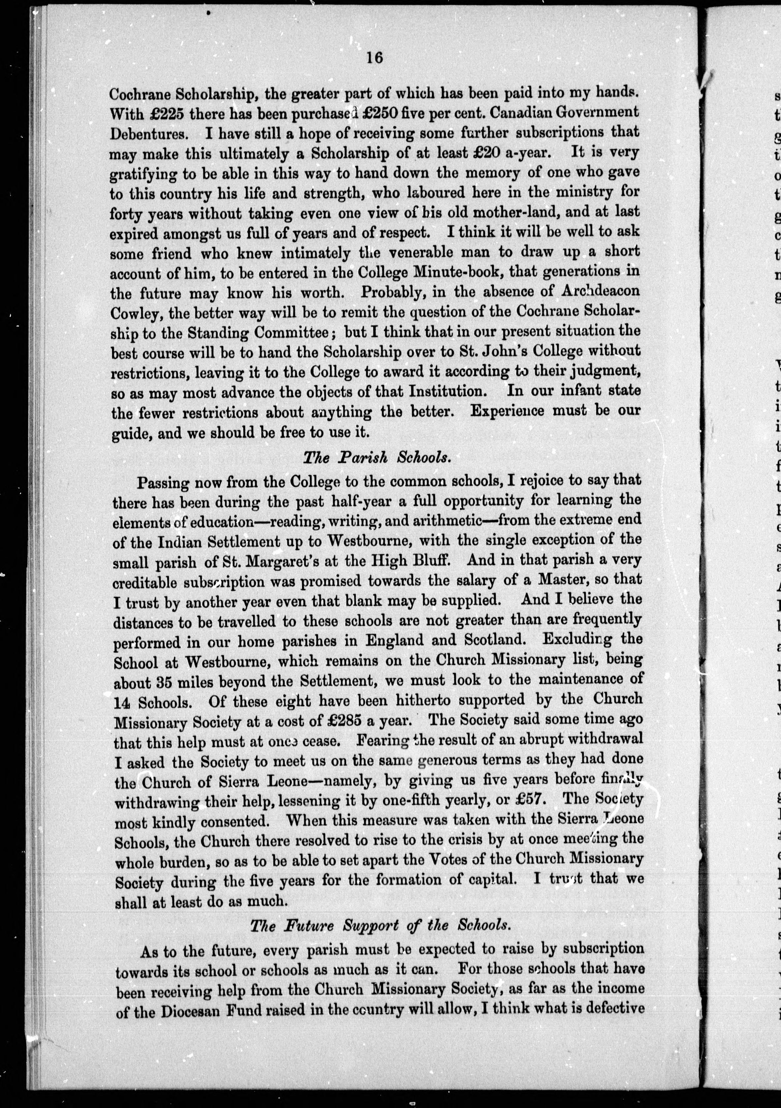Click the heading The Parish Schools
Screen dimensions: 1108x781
tap(377, 457)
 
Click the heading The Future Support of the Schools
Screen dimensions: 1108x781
tap(379, 926)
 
